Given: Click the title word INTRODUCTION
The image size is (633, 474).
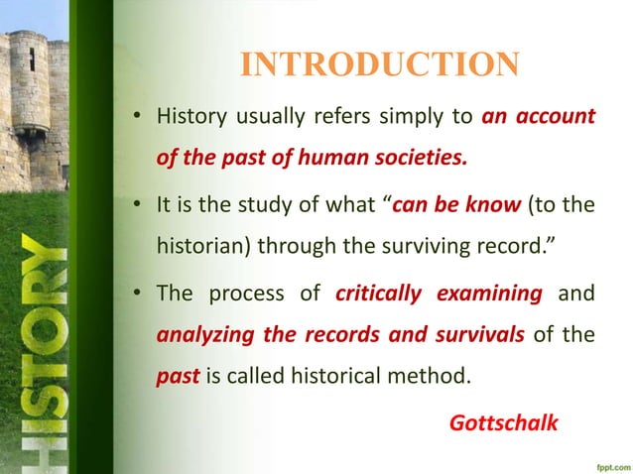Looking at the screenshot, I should click(x=380, y=65).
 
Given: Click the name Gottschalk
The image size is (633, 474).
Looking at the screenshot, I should click(x=504, y=422).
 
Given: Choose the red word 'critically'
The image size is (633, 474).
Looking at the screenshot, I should click(x=380, y=295).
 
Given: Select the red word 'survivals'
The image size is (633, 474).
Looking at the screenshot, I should click(x=479, y=336).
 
